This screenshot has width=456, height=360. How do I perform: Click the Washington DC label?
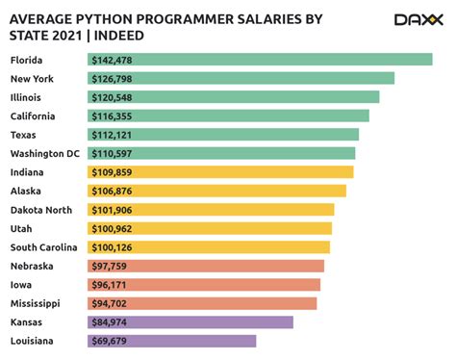tap(44, 153)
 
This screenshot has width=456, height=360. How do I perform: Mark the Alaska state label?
tap(27, 191)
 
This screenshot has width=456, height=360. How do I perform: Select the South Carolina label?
tap(44, 247)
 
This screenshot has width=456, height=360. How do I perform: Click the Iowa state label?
tap(22, 285)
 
